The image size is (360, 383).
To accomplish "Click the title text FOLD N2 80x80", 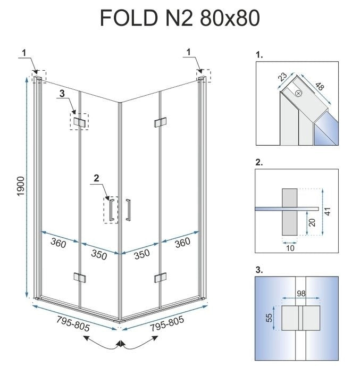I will point(180,18).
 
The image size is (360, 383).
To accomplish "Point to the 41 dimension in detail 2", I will point(328,211).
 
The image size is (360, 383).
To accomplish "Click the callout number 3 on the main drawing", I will point(62,94).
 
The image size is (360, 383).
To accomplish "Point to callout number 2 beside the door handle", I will point(96,178).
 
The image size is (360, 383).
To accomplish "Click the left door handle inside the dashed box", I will point(111,209).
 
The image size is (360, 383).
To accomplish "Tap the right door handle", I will point(128,209).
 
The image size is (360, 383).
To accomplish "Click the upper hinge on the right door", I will point(158,123).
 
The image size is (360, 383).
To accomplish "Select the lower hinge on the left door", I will point(79,277).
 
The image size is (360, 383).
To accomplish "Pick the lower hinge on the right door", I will point(158,277).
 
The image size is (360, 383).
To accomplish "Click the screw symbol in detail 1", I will point(298,94).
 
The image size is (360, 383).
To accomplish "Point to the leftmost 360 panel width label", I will point(58,244).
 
